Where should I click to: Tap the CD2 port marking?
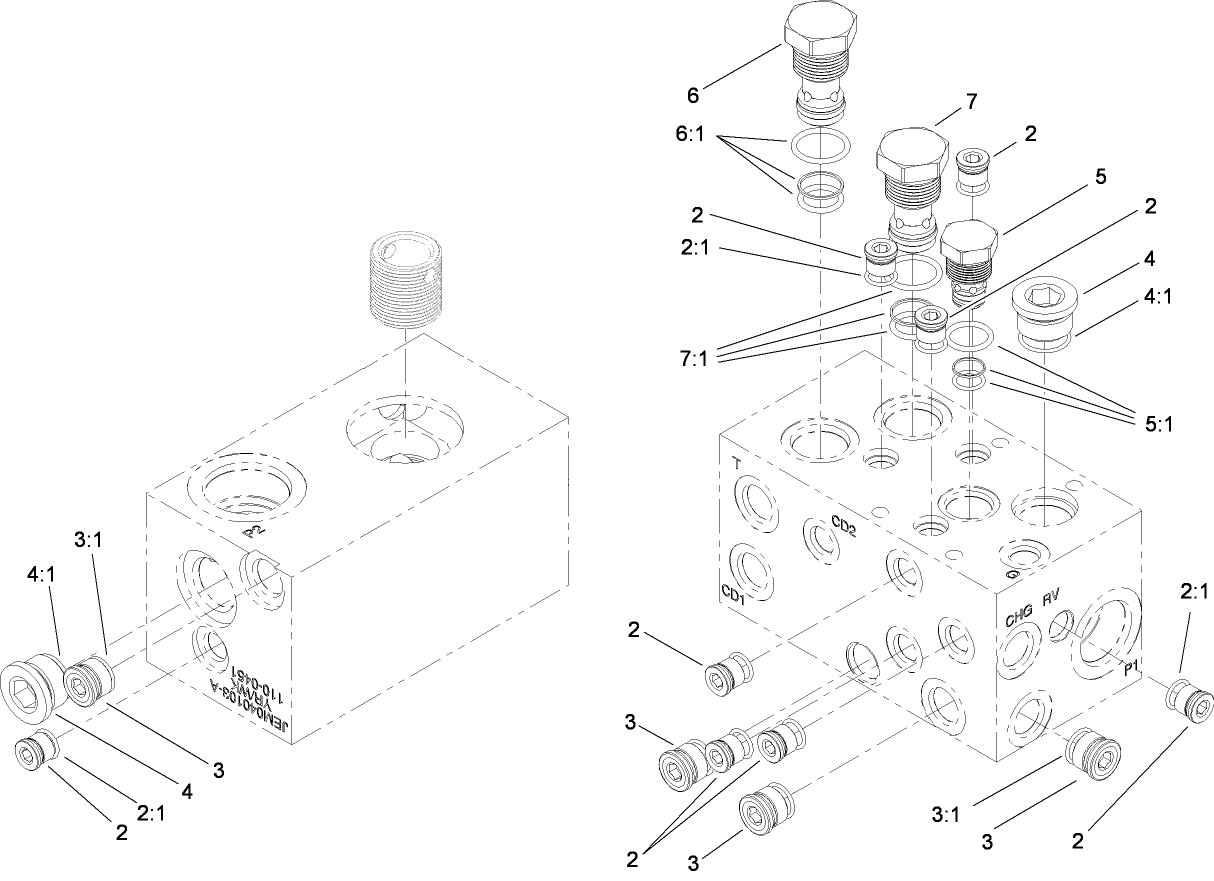pyautogui.click(x=843, y=525)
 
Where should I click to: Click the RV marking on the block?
pyautogui.click(x=1051, y=600)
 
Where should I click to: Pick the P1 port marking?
pyautogui.click(x=1131, y=670)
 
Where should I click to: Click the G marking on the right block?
pyautogui.click(x=1011, y=575)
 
